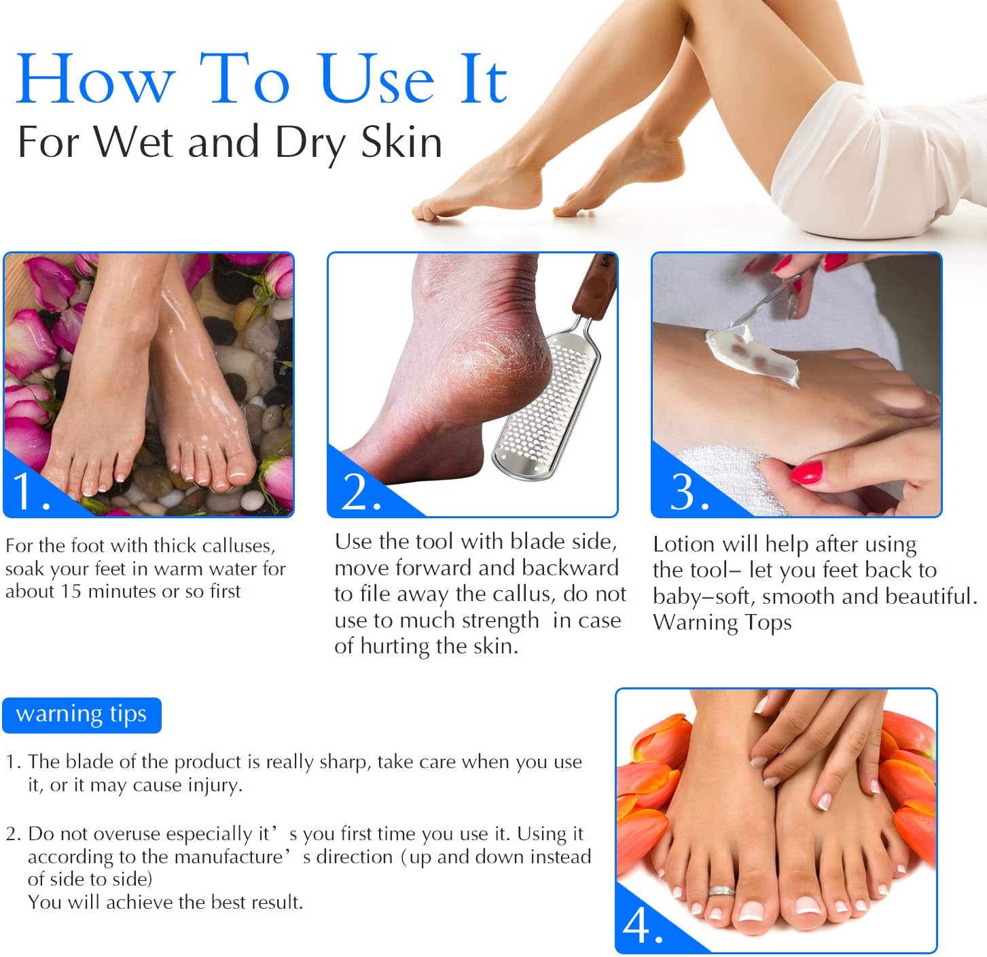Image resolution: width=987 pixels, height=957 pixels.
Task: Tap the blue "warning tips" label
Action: coord(82,715)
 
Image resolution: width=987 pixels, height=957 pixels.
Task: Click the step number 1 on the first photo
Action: coord(30,491)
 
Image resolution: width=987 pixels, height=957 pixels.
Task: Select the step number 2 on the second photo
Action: coord(360,491)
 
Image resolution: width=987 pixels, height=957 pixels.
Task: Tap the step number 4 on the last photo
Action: coord(641,925)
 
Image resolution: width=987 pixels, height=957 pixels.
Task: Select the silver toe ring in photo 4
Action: coord(721,890)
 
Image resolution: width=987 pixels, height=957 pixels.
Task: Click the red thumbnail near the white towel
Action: coord(807,471)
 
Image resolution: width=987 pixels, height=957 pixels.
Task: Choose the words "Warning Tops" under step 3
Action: coord(722,623)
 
